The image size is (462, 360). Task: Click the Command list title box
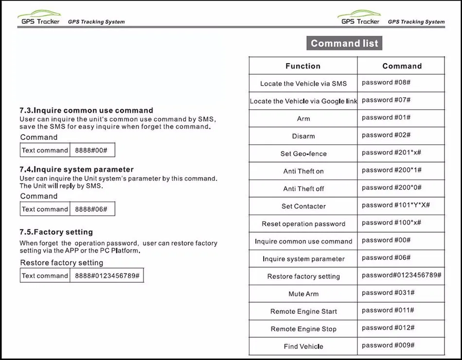[344, 43]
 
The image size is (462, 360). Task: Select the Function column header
[302, 66]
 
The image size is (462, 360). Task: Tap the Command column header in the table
[402, 66]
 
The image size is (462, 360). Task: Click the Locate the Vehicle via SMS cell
[303, 84]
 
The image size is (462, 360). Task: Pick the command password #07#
[386, 100]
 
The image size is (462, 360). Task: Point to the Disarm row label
[303, 136]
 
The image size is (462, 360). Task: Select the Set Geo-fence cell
[303, 154]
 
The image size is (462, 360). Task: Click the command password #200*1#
[391, 170]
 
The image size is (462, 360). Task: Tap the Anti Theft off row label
[303, 189]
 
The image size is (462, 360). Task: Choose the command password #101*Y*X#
[396, 205]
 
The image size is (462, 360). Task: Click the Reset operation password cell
[303, 224]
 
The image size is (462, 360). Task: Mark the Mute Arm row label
[303, 294]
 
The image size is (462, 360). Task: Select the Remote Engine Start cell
[303, 311]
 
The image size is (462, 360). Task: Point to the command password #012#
[388, 327]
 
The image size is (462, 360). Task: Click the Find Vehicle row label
[303, 346]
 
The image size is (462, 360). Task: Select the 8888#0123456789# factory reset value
[107, 275]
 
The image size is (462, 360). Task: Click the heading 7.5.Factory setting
[56, 232]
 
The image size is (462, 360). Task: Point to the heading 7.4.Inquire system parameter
[76, 170]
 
